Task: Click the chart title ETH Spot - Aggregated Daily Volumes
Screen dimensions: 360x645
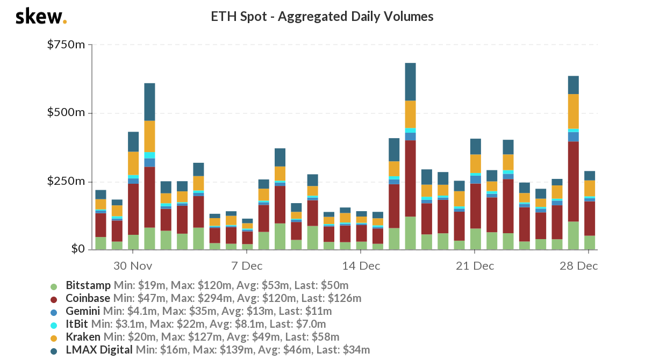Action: point(322,17)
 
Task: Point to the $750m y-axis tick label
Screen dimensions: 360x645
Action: point(66,45)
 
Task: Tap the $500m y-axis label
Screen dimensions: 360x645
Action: point(66,113)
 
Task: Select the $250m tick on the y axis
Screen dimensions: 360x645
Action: point(66,181)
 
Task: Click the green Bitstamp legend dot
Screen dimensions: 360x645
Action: point(53,286)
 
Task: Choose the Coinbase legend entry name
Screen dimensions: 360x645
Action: point(88,298)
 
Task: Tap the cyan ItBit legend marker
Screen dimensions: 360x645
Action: point(53,325)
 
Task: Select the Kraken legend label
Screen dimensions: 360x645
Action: point(83,337)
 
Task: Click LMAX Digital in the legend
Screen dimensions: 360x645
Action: point(99,350)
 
